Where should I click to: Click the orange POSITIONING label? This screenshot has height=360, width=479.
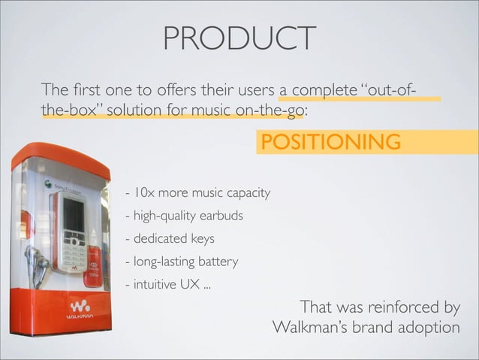click(x=329, y=141)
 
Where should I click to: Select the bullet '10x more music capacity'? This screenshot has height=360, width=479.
click(x=197, y=193)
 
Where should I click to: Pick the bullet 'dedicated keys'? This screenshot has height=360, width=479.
click(x=170, y=239)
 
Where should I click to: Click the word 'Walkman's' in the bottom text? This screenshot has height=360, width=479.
click(x=305, y=328)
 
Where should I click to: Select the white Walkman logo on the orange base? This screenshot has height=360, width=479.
click(x=80, y=308)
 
